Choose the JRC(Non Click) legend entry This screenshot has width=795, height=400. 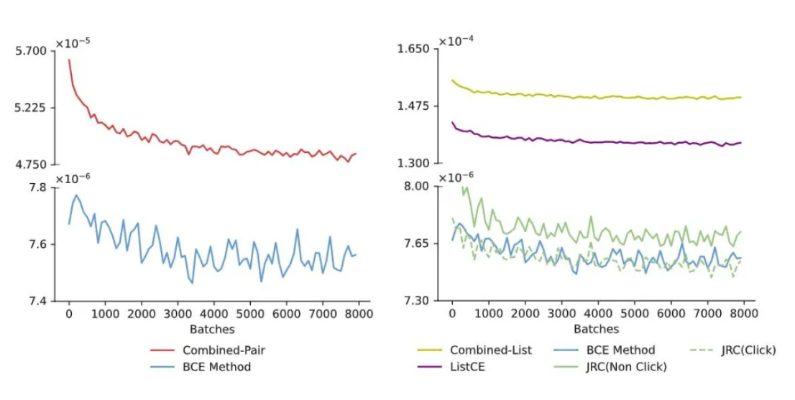click(626, 367)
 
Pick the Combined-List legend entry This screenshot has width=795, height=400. click(491, 350)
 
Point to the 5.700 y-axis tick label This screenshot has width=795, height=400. click(30, 51)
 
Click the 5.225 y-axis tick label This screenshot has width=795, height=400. click(30, 108)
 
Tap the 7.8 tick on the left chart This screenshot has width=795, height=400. click(37, 187)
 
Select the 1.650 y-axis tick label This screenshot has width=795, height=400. click(413, 49)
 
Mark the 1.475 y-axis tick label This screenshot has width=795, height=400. click(413, 106)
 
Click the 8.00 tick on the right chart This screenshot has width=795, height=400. click(416, 187)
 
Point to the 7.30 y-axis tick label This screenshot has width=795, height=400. click(416, 301)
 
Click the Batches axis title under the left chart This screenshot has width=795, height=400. click(212, 329)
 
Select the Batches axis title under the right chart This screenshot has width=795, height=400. click(596, 329)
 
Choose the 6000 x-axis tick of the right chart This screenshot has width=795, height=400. click(670, 314)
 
